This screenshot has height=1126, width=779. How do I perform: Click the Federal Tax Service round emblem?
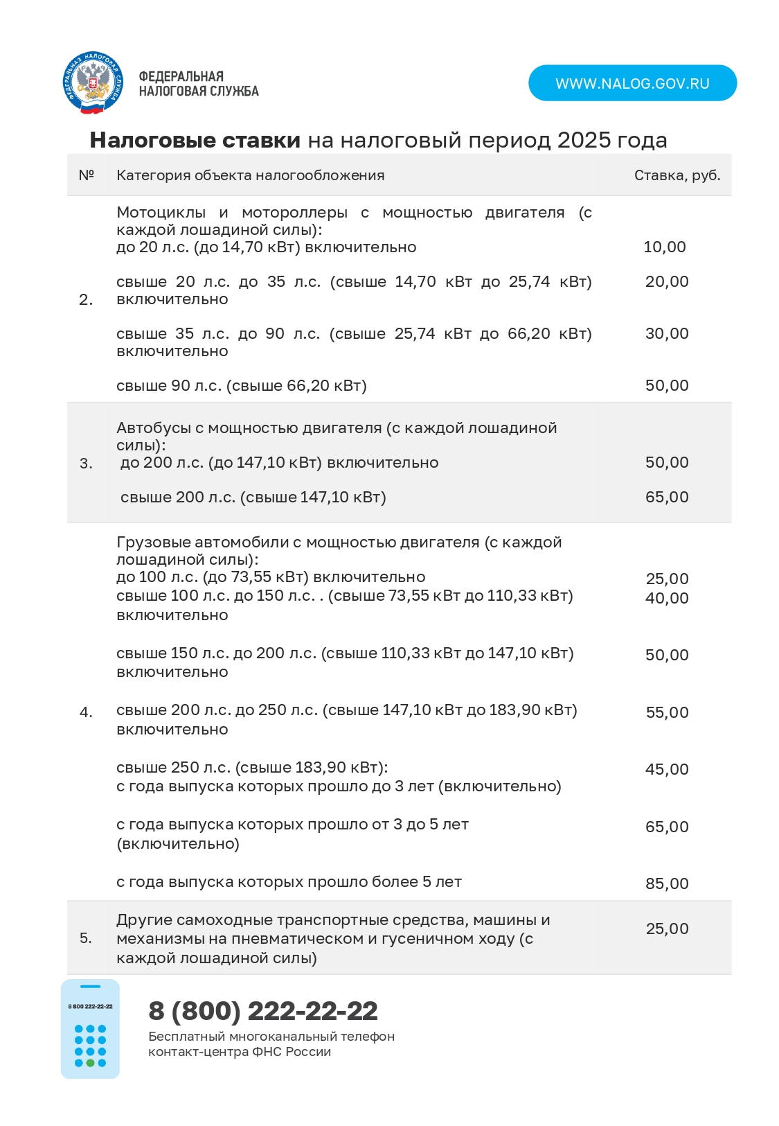pyautogui.click(x=93, y=83)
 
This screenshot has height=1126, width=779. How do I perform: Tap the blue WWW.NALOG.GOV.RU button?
pyautogui.click(x=632, y=83)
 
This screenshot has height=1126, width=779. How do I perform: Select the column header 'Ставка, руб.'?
pyautogui.click(x=677, y=175)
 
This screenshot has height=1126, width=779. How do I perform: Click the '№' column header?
pyautogui.click(x=86, y=175)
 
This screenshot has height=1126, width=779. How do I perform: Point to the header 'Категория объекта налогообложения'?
pyautogui.click(x=250, y=175)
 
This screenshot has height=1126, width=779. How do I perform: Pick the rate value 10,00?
pyautogui.click(x=664, y=247)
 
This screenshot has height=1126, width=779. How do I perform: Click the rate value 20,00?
pyautogui.click(x=666, y=282)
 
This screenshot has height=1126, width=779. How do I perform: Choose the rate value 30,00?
pyautogui.click(x=666, y=334)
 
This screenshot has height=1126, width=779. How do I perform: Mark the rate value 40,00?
pyautogui.click(x=666, y=599)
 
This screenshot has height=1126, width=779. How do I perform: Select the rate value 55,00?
pyautogui.click(x=666, y=713)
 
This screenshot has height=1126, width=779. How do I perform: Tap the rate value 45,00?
pyautogui.click(x=666, y=770)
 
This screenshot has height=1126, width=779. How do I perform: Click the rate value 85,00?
pyautogui.click(x=666, y=884)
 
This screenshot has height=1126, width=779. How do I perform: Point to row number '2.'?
pyautogui.click(x=86, y=299)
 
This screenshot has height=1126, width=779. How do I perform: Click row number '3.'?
pyautogui.click(x=86, y=464)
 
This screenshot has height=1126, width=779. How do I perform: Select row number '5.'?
pyautogui.click(x=86, y=938)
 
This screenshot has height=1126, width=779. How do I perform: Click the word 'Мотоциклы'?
pyautogui.click(x=161, y=213)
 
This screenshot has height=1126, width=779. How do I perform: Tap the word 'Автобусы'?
pyautogui.click(x=153, y=428)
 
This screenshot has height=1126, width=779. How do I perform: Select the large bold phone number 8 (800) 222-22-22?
pyautogui.click(x=263, y=1011)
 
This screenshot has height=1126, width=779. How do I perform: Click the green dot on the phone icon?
pyautogui.click(x=90, y=1063)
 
